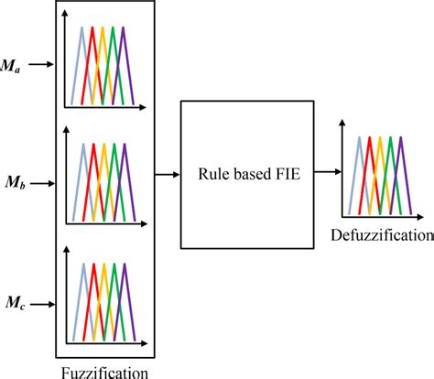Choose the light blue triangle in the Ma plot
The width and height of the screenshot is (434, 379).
pos(81,73)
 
